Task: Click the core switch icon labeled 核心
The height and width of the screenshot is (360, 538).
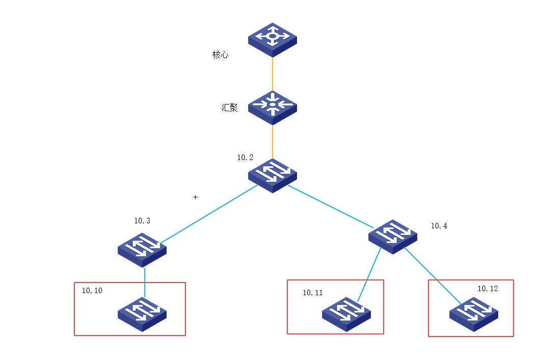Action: point(273,39)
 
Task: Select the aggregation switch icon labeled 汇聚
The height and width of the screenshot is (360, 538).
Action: point(273,107)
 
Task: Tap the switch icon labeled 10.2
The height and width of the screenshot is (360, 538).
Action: point(273,175)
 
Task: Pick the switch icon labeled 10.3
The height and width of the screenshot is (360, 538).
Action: point(142,249)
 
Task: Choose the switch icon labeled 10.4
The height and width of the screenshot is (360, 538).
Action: point(393,236)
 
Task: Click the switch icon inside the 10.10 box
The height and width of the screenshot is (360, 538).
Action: point(142,314)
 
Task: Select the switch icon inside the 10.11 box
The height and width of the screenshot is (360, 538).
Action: point(346,314)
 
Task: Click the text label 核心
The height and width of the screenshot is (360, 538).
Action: point(221,55)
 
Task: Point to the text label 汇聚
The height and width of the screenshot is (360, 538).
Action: point(230,108)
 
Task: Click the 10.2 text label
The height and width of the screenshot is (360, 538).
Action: point(245,158)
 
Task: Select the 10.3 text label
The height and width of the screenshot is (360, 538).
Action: point(142,221)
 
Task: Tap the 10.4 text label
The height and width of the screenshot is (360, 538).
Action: point(439,226)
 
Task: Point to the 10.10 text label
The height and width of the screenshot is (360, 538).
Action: point(92,291)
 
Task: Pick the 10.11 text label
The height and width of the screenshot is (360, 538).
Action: point(313,293)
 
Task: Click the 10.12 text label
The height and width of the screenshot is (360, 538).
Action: point(488,289)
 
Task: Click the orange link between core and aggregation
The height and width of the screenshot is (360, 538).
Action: point(273,74)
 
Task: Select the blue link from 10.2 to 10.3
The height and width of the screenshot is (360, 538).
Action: point(209,214)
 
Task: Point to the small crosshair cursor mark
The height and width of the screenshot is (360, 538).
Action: point(195,197)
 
